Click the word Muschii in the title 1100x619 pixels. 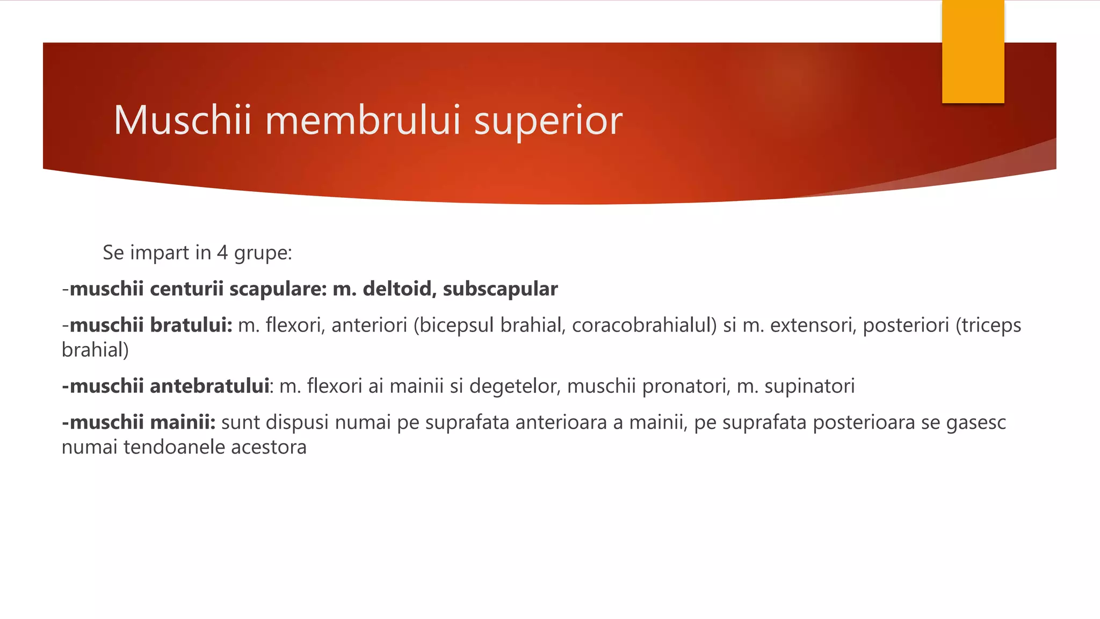pos(183,120)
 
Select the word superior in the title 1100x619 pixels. pos(548,121)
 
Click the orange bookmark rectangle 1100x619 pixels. pos(973,52)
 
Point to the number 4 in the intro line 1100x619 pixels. pos(222,253)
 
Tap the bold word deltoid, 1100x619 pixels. pos(400,289)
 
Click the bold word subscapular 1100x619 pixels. pos(500,289)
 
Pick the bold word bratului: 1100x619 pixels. pos(191,325)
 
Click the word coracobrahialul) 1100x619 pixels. pos(644,325)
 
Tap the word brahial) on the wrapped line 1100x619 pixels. pos(96,350)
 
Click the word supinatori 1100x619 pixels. pos(809,386)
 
